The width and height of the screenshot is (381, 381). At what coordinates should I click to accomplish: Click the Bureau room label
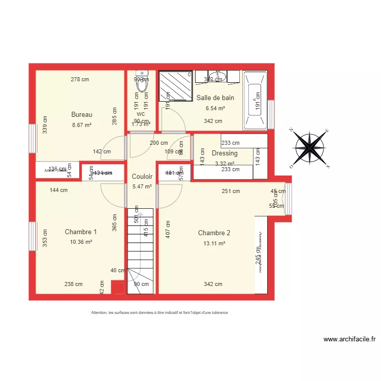[x=82, y=114]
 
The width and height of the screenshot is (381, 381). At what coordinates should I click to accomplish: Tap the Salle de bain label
[x=215, y=98]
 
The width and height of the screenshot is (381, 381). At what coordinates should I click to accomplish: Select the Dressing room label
[x=225, y=153]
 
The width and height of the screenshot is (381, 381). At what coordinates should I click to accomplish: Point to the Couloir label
[x=142, y=176]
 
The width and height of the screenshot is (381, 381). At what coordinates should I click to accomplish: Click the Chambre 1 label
[x=81, y=232]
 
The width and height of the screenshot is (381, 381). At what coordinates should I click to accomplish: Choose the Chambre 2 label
[x=214, y=233]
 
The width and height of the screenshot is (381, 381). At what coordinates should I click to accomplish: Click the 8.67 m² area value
[x=82, y=124]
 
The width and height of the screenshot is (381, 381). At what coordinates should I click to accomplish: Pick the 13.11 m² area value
[x=214, y=243]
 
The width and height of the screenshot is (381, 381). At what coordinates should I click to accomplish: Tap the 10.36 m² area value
[x=81, y=242]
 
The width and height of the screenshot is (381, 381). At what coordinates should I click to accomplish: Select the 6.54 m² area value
[x=215, y=108]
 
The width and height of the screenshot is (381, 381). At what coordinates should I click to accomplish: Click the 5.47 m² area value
[x=142, y=186]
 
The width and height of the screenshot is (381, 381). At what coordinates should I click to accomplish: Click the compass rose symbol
[x=310, y=147]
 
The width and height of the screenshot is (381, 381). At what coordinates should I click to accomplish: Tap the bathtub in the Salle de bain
[x=255, y=99]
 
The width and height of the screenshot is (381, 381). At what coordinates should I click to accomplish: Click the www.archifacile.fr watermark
[x=349, y=339]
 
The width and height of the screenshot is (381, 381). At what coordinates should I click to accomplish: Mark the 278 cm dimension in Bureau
[x=80, y=79]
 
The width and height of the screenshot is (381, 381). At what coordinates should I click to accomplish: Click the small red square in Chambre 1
[x=117, y=289]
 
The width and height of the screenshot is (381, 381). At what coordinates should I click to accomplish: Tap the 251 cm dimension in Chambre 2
[x=231, y=191]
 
